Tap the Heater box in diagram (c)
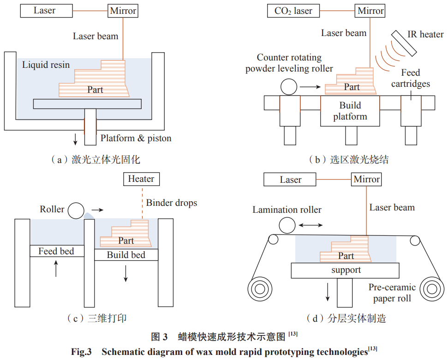point(141,179)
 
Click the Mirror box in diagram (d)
point(367,179)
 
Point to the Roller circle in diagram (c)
point(76,210)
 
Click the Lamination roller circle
point(287,226)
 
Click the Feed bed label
point(56,251)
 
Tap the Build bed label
point(126,255)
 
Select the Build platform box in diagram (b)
point(350,111)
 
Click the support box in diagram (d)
point(346,270)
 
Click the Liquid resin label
point(46,65)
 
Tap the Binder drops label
point(172,203)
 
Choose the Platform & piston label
point(136,138)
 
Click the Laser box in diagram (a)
point(44,10)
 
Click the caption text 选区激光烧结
point(359,160)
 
